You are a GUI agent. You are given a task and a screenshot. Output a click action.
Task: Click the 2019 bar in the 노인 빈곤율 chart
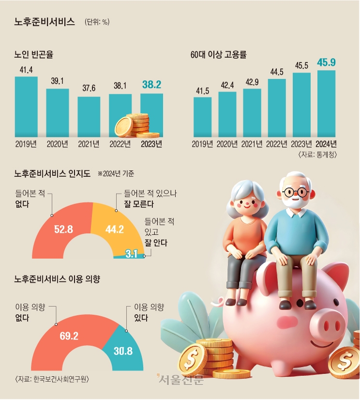tap(26, 107)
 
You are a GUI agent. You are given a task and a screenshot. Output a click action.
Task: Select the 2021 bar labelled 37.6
tap(89, 116)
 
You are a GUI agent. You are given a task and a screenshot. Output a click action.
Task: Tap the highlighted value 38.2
tap(151, 85)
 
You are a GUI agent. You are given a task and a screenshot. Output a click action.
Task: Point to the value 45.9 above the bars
tap(326, 62)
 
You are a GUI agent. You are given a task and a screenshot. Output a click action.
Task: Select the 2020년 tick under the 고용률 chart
tap(227, 144)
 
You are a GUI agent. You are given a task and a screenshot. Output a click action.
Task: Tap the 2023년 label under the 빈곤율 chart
tap(151, 144)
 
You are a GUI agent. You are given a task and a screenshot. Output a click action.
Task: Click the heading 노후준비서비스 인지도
tap(53, 173)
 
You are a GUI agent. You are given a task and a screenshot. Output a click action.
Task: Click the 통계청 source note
tap(317, 154)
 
